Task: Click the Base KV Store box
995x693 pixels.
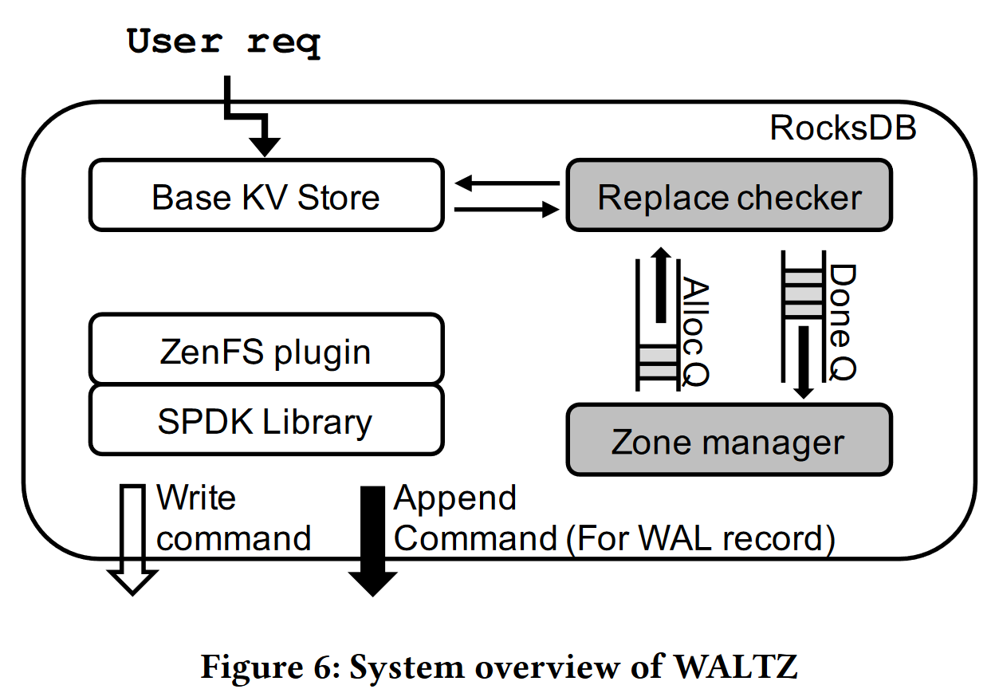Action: click(x=265, y=196)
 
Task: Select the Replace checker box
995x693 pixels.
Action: click(x=729, y=196)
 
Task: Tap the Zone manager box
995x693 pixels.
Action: click(x=729, y=440)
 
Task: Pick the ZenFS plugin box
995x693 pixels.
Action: click(x=265, y=350)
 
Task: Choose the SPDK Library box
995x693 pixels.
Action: click(x=265, y=420)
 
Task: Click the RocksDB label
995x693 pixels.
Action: click(x=843, y=128)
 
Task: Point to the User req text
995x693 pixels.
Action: click(x=224, y=42)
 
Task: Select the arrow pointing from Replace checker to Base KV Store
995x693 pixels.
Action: click(x=507, y=183)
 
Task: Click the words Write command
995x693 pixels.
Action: click(x=233, y=518)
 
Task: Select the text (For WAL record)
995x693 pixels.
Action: click(x=699, y=538)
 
